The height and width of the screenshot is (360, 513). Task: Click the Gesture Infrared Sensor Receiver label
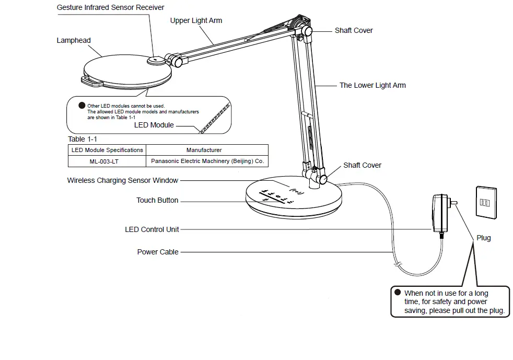[110, 7]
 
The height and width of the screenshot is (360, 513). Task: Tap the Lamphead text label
[74, 40]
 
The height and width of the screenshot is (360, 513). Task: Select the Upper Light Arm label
[196, 20]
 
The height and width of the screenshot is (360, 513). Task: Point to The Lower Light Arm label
[372, 85]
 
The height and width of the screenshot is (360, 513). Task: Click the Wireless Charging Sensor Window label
[123, 180]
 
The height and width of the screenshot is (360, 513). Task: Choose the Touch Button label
[157, 200]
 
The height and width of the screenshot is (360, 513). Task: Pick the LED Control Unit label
[152, 229]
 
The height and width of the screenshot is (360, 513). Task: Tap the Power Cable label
[158, 252]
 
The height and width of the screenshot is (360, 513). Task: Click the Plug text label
[484, 238]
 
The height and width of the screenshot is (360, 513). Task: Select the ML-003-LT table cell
[103, 161]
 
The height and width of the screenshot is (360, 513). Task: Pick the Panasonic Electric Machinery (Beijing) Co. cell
[207, 161]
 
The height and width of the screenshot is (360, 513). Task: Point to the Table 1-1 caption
[83, 139]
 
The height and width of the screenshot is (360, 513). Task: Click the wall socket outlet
[483, 201]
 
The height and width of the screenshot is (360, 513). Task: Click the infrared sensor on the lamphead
[155, 61]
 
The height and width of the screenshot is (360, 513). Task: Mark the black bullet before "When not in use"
[398, 293]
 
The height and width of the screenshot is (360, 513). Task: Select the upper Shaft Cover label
[354, 30]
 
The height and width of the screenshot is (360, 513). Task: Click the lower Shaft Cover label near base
[362, 165]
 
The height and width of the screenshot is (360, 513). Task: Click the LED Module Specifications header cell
[107, 150]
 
